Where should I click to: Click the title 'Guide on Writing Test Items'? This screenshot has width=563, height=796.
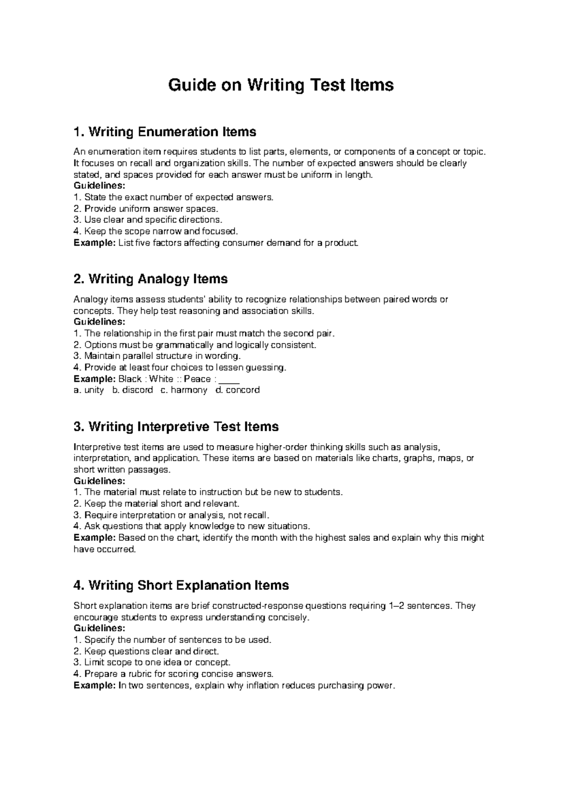click(281, 85)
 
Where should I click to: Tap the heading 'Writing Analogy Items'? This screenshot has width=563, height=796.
click(151, 279)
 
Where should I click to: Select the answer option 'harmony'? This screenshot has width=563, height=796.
click(189, 390)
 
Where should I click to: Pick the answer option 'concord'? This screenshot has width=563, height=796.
click(243, 390)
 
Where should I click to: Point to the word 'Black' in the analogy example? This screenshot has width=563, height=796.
click(130, 379)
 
